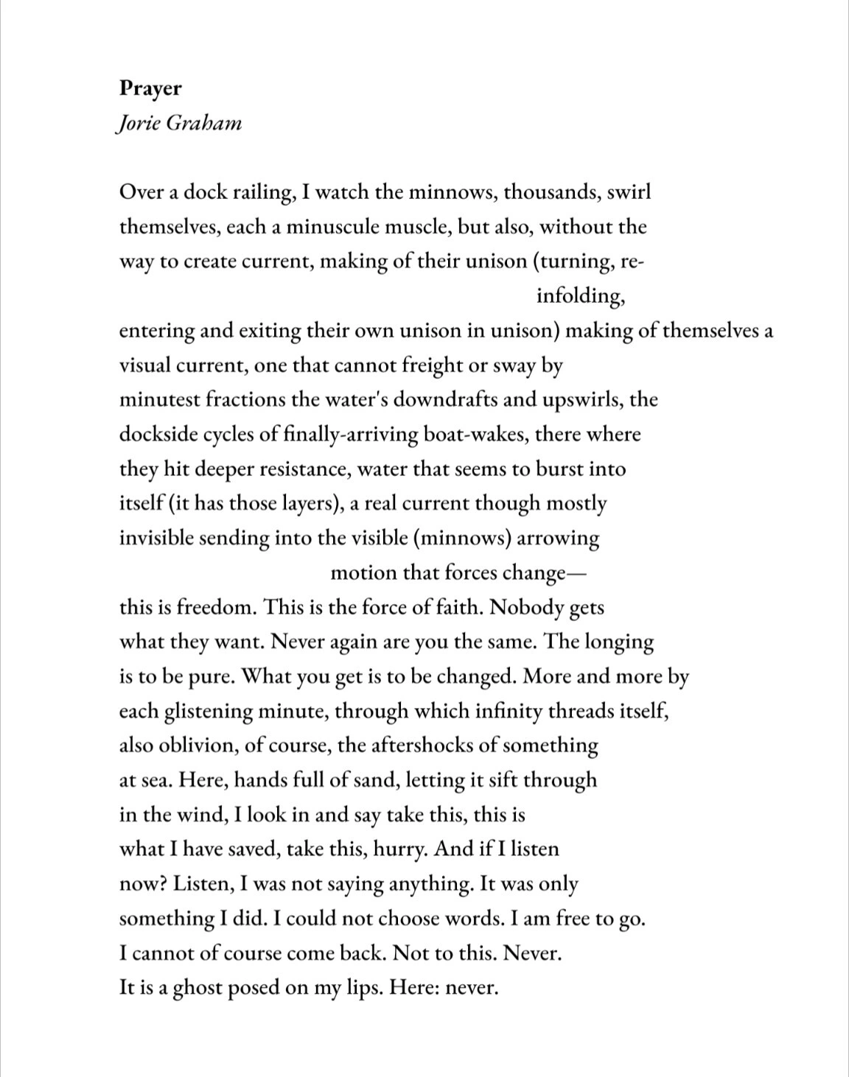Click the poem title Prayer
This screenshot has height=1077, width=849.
(x=150, y=89)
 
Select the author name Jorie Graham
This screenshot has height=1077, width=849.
(x=179, y=124)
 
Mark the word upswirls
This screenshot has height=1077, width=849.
(x=582, y=400)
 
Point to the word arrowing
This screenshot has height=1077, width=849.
(x=559, y=538)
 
